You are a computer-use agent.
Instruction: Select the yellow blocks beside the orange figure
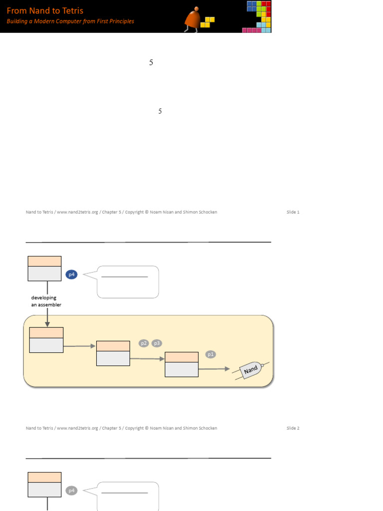click(x=207, y=22)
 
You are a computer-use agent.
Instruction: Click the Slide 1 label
click(x=293, y=212)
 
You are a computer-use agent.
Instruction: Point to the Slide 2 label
click(x=293, y=428)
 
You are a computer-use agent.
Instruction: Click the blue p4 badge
click(x=72, y=274)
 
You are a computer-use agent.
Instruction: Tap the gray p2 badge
click(x=144, y=343)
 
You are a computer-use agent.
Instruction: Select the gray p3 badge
click(x=157, y=343)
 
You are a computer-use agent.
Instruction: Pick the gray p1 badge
click(x=210, y=354)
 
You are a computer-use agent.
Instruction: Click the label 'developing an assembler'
click(x=46, y=301)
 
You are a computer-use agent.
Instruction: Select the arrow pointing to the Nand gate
click(x=214, y=369)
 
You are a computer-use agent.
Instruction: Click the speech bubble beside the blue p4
click(x=128, y=282)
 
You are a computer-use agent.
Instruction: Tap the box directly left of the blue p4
click(x=44, y=268)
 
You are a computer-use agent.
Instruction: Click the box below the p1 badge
click(x=182, y=364)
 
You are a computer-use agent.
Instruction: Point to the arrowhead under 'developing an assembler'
click(x=47, y=324)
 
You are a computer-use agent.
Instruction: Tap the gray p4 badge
click(x=72, y=491)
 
